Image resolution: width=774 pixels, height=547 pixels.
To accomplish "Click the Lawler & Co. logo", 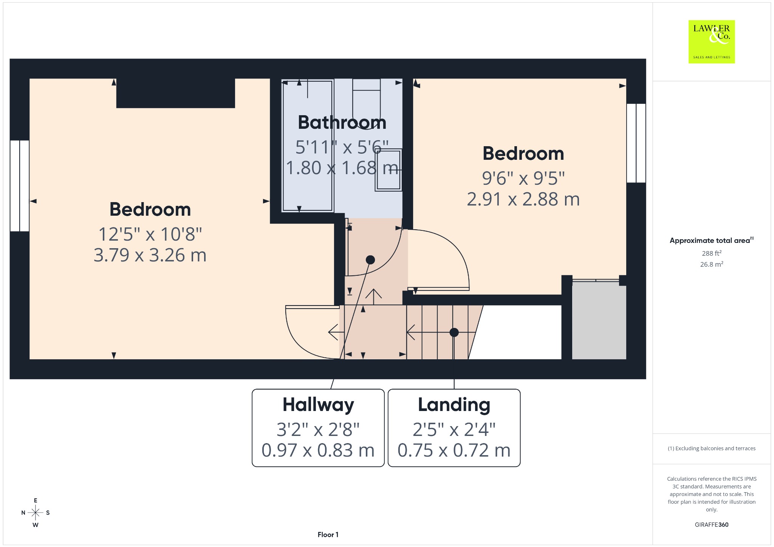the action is click(712, 42).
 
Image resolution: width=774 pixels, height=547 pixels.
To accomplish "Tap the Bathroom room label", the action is click(342, 122).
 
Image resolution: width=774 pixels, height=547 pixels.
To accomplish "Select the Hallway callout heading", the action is click(318, 405).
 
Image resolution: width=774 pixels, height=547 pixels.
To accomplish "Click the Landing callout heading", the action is click(454, 405).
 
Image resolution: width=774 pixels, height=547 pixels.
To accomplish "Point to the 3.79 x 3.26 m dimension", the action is click(150, 255).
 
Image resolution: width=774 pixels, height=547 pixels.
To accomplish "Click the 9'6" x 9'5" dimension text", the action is click(523, 178).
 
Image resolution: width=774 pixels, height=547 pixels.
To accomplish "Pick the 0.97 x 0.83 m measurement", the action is click(318, 450).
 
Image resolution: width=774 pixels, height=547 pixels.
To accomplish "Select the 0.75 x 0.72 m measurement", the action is click(454, 450).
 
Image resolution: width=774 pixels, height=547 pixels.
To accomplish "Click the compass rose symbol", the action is click(36, 513).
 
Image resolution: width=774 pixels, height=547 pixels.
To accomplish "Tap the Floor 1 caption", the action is click(328, 535).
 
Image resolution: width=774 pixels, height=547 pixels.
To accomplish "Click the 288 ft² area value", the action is click(712, 253).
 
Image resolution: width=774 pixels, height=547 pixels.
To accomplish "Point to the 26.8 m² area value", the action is click(712, 264).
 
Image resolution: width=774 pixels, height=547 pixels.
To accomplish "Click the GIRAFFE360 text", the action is click(712, 525).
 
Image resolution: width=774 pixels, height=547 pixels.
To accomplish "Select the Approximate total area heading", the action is click(712, 240).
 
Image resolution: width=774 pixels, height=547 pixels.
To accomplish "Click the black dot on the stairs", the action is click(454, 332).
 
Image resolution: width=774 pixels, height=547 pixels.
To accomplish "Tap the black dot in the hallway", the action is click(370, 260).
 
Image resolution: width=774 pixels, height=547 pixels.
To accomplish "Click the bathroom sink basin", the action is click(388, 170).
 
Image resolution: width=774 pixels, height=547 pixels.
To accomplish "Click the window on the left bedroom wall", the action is click(20, 186).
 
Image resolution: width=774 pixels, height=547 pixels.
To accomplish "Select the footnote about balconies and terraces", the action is click(712, 448).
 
